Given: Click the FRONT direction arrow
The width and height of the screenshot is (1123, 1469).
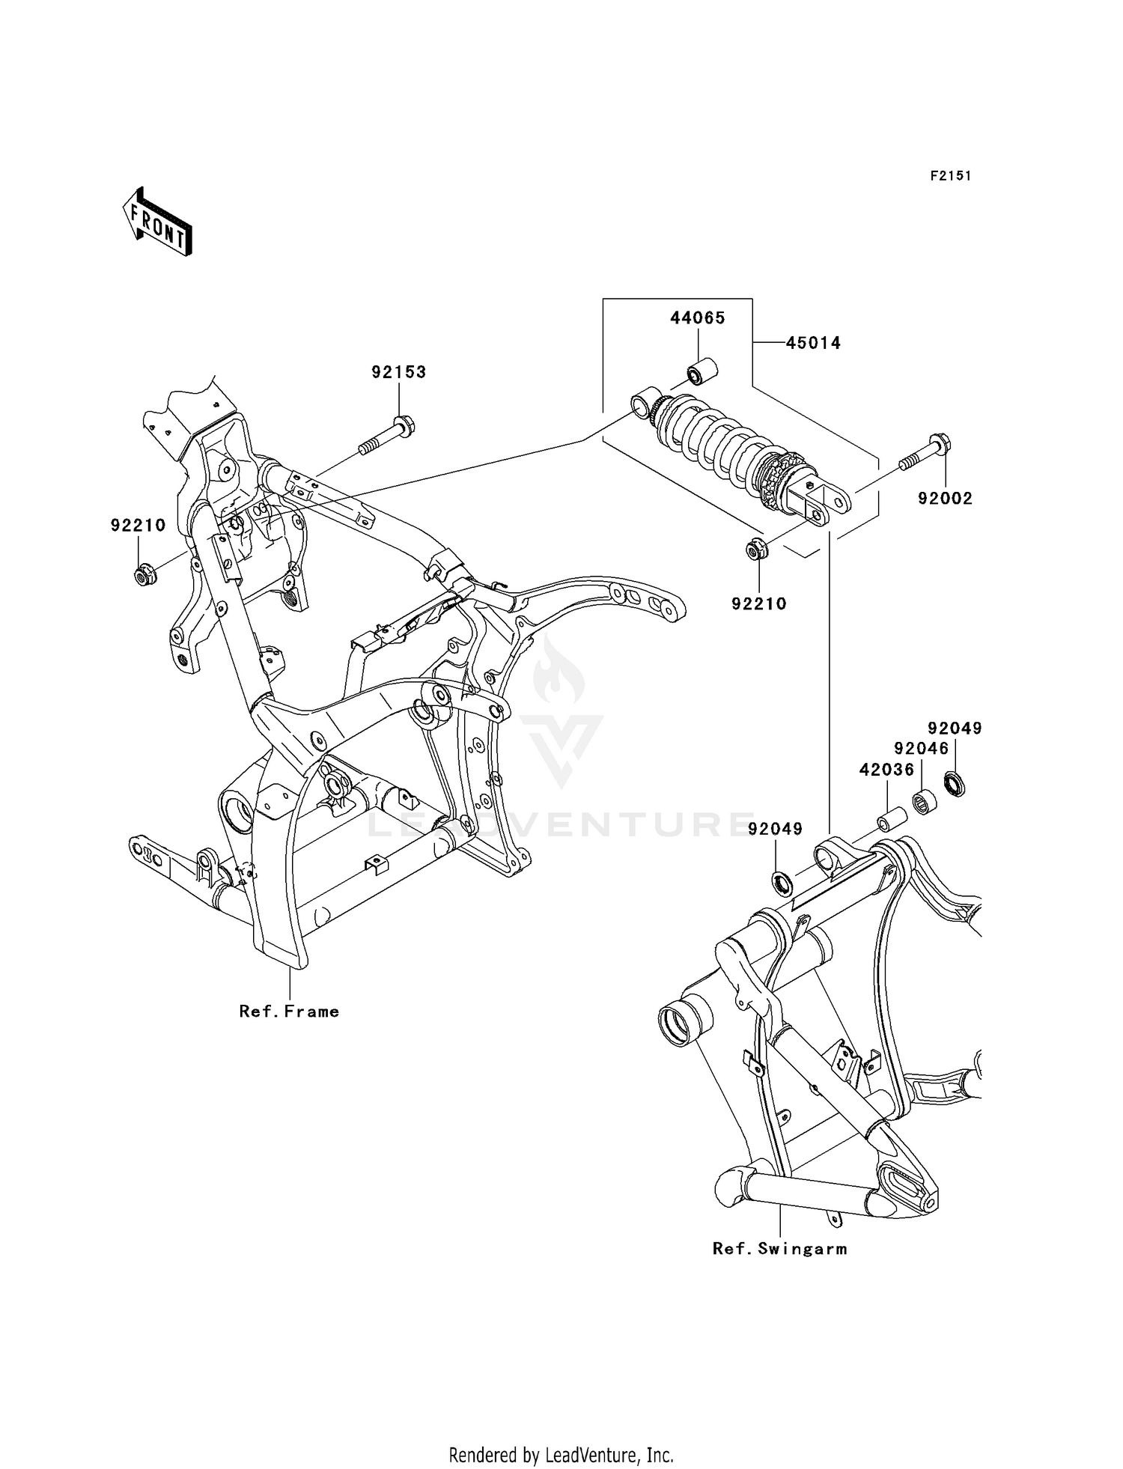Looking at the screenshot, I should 157,222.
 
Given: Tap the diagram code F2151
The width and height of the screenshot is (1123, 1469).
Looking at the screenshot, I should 950,176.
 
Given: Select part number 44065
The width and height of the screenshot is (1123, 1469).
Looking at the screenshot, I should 697,318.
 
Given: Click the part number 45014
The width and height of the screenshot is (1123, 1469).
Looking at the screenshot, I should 813,343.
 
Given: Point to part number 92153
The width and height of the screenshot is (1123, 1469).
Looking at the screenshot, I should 399,372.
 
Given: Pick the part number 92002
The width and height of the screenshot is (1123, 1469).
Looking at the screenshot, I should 945,499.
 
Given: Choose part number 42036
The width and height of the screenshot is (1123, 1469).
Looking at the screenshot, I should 886,769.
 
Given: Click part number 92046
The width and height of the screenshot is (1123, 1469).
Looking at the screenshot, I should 921,748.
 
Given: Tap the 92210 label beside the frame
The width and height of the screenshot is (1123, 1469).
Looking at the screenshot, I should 138,526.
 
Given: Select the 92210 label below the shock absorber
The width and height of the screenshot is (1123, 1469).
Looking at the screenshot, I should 759,604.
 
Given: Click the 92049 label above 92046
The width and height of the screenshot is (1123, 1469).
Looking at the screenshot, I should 955,728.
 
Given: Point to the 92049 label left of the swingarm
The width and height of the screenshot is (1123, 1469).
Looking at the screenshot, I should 775,829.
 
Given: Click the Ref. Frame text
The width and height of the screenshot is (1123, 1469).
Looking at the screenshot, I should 289,1012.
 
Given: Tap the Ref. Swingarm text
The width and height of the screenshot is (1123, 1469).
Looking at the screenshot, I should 779,1248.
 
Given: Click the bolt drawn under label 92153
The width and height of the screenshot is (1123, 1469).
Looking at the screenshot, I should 386,437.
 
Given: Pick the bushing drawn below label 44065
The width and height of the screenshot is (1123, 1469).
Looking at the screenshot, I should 702,371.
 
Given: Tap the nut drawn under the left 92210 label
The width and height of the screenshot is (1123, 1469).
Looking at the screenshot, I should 143,577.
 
